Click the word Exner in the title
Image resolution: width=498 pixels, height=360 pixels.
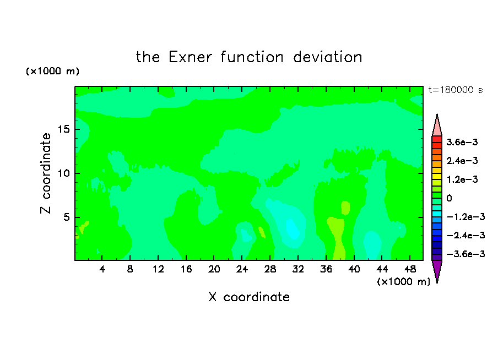click(x=190, y=57)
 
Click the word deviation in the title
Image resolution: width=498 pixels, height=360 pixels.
click(x=327, y=57)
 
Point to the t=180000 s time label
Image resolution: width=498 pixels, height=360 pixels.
click(x=456, y=90)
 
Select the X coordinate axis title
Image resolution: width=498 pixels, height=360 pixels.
click(x=249, y=297)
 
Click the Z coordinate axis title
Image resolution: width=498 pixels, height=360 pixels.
click(x=46, y=173)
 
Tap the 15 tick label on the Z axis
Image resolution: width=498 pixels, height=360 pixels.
click(x=63, y=129)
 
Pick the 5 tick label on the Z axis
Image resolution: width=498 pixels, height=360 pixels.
click(x=66, y=217)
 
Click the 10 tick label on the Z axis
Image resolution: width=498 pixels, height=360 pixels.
click(x=63, y=173)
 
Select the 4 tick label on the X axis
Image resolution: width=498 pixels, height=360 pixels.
click(x=102, y=269)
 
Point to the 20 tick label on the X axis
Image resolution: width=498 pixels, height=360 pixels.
click(x=214, y=269)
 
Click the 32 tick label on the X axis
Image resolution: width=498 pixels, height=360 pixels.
click(x=298, y=269)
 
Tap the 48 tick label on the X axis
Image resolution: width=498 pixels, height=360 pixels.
click(x=410, y=269)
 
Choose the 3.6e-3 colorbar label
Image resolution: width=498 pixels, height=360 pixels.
click(x=462, y=142)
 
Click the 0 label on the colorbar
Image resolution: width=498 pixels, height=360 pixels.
click(x=449, y=198)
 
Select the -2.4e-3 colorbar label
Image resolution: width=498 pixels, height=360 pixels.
click(x=465, y=235)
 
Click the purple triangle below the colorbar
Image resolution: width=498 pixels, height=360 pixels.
click(x=437, y=270)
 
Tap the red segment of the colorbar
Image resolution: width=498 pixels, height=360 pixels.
click(x=437, y=139)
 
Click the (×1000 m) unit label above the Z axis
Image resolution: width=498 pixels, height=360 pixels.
click(x=52, y=71)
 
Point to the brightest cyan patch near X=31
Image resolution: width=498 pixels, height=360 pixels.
click(x=293, y=229)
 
